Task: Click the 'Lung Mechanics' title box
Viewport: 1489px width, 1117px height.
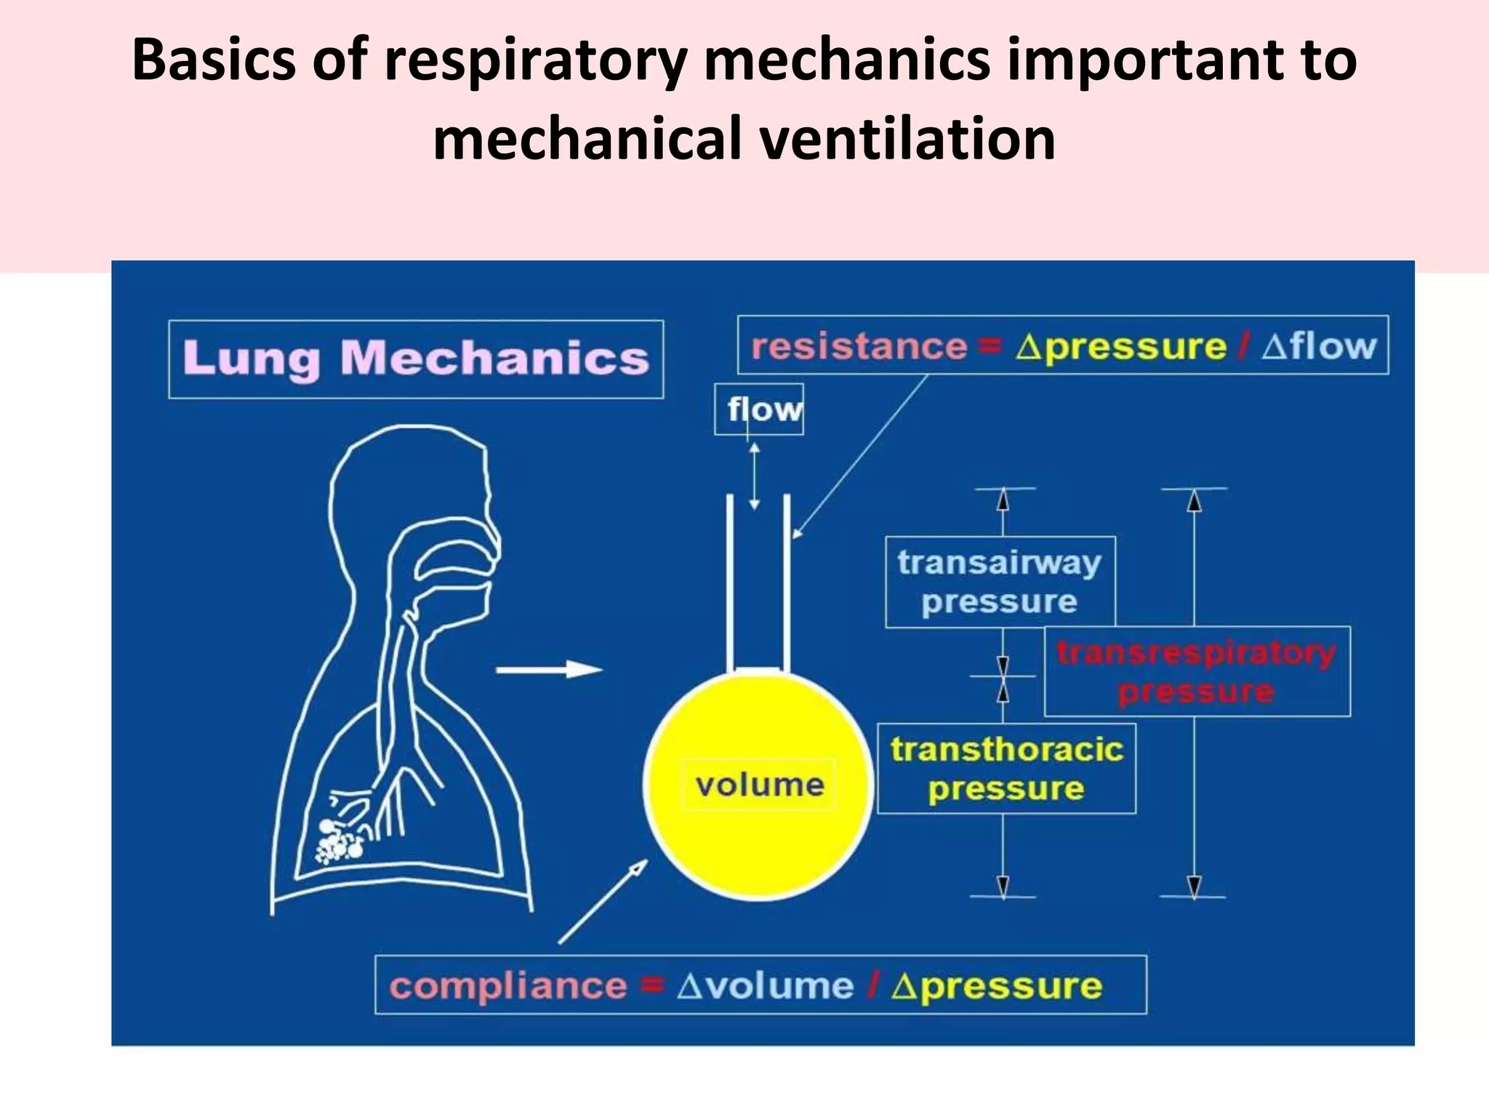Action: [415, 359]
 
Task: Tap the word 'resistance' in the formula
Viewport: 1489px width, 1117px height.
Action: [859, 346]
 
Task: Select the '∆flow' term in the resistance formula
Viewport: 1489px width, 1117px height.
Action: [1319, 346]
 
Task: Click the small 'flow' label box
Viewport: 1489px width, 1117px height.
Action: [758, 409]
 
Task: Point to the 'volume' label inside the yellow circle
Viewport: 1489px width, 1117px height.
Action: [759, 785]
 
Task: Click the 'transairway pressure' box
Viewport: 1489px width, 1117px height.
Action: [1000, 582]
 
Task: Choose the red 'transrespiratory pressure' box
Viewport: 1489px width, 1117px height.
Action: [1197, 671]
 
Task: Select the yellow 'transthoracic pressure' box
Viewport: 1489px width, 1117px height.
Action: [1006, 769]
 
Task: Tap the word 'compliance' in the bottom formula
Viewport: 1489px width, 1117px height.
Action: [507, 986]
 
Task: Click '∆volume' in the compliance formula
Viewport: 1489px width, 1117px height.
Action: [765, 986]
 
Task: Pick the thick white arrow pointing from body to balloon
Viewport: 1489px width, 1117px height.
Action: [549, 669]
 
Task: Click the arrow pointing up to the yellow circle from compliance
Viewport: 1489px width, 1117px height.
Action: [603, 902]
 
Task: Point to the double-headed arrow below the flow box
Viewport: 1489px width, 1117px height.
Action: [755, 476]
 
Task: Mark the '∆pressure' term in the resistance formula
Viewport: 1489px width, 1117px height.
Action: [1120, 346]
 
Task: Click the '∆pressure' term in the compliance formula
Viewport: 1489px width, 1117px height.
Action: [997, 986]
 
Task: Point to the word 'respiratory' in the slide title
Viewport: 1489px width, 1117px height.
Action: [535, 60]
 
